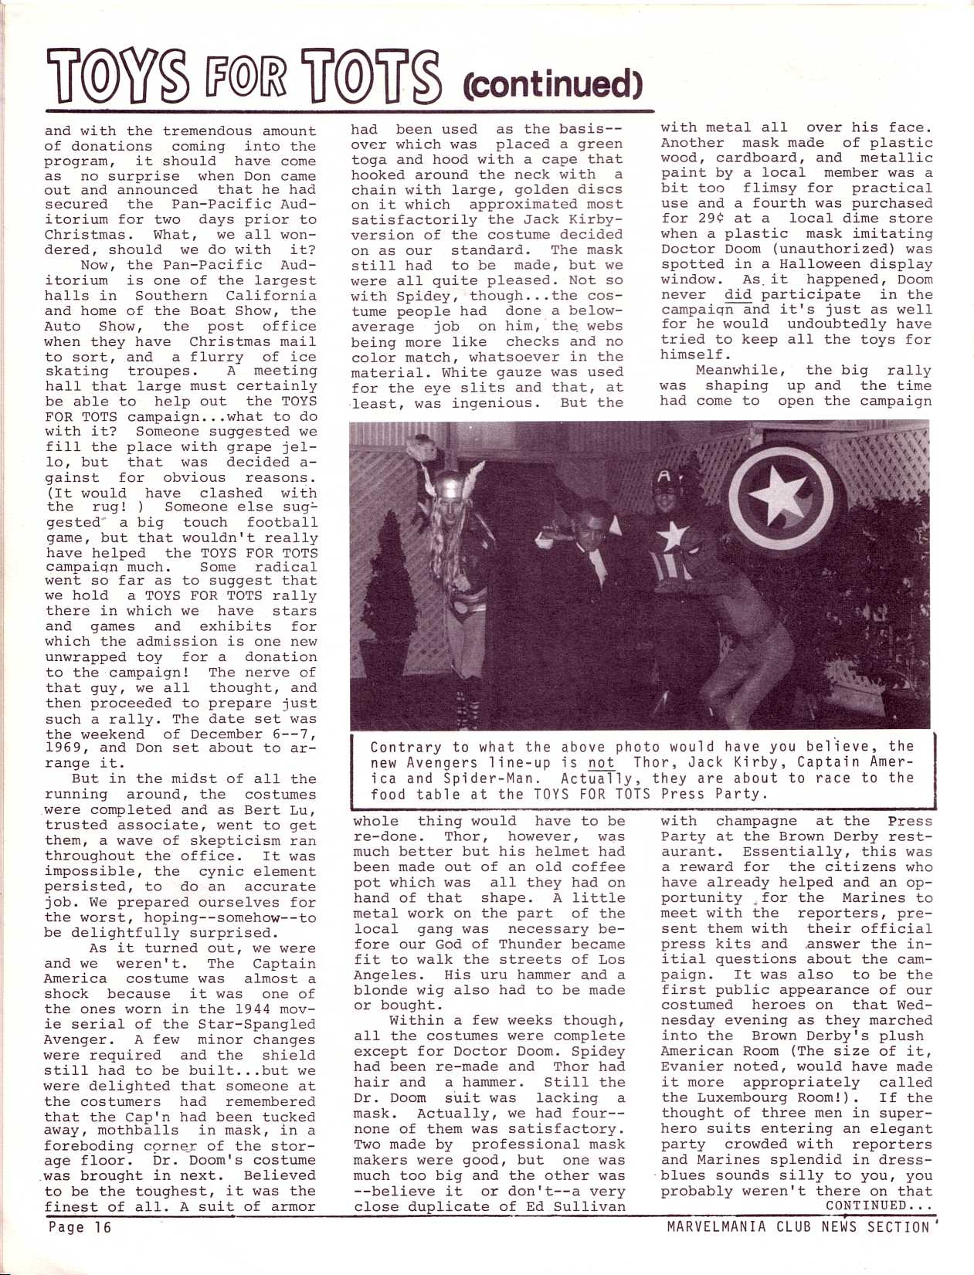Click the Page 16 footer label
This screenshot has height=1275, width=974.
point(80,1227)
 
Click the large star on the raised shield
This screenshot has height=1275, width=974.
point(781,496)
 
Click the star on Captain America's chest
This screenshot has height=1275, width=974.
point(674,534)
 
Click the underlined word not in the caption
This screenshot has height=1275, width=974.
point(602,762)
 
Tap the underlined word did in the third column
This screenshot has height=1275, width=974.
point(738,294)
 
